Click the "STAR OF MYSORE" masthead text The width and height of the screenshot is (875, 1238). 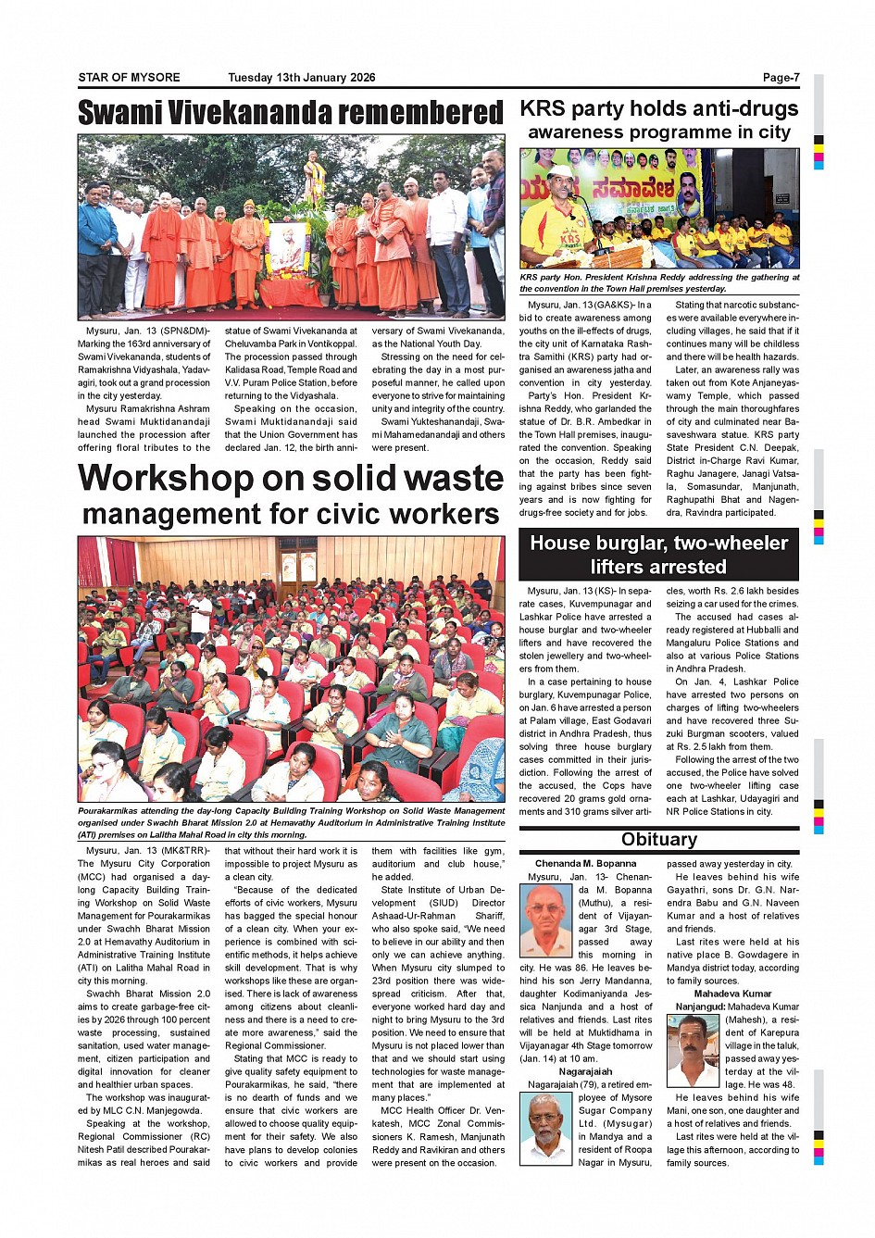(x=129, y=78)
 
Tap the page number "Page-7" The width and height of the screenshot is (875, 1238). (x=781, y=78)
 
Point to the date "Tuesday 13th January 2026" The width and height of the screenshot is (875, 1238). (x=301, y=78)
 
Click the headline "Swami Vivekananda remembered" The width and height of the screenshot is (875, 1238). (x=291, y=113)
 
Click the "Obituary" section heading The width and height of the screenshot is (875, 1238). (x=658, y=840)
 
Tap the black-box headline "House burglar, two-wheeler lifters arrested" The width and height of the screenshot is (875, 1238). (x=658, y=555)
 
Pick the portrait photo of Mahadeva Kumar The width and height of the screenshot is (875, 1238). (x=693, y=1050)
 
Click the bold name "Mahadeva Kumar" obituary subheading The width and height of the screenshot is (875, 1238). (x=732, y=994)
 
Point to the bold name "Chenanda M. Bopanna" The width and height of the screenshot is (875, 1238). (x=585, y=864)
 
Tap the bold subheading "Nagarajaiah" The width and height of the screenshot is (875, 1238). (x=585, y=1071)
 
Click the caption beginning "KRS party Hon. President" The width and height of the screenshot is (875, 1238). (x=658, y=282)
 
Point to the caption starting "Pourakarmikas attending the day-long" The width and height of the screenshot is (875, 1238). (x=291, y=822)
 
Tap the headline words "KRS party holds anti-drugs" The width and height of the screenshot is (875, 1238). (x=658, y=108)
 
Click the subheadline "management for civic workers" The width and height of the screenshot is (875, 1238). (x=291, y=514)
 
